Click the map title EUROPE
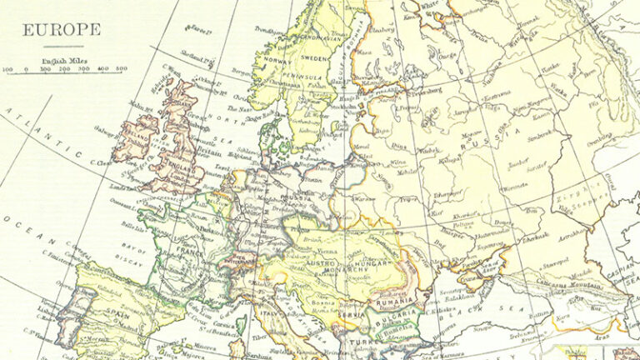(62, 31)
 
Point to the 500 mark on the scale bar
(122, 69)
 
